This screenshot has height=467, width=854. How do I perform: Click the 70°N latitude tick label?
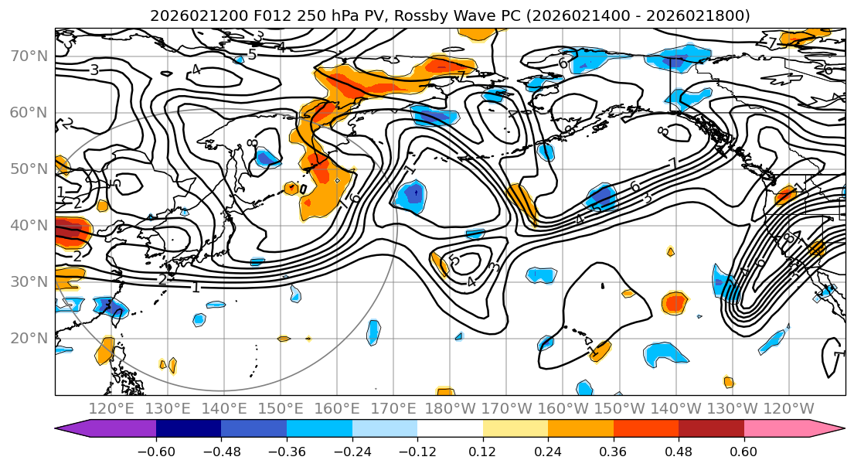(29, 56)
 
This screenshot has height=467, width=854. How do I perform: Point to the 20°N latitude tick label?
(29, 338)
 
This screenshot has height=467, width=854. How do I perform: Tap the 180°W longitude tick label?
(450, 408)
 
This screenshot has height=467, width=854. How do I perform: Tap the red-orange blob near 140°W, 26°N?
(674, 302)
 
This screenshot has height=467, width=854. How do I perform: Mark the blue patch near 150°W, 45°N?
(602, 197)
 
